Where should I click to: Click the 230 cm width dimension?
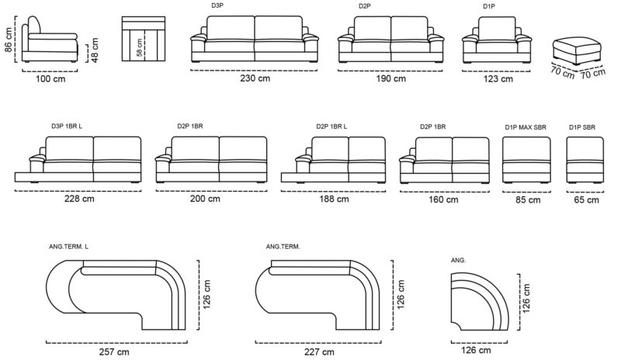(255, 78)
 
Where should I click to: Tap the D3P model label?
(217, 5)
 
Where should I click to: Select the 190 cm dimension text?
(391, 78)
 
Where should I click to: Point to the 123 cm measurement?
(498, 79)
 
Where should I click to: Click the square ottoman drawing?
(577, 50)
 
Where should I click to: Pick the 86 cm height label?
(8, 40)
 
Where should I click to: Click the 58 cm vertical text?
(140, 47)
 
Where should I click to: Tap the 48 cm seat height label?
(95, 50)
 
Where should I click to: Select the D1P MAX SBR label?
(526, 127)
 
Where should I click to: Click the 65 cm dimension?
(586, 199)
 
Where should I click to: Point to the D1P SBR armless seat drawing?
(585, 160)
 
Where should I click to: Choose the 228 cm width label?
(79, 199)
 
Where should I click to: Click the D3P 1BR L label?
(67, 126)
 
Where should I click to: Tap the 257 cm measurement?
(114, 351)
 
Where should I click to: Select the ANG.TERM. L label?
(68, 247)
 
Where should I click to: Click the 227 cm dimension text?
(319, 351)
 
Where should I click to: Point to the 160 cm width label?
(443, 199)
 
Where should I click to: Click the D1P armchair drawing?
(497, 40)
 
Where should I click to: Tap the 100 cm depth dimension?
(50, 78)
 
